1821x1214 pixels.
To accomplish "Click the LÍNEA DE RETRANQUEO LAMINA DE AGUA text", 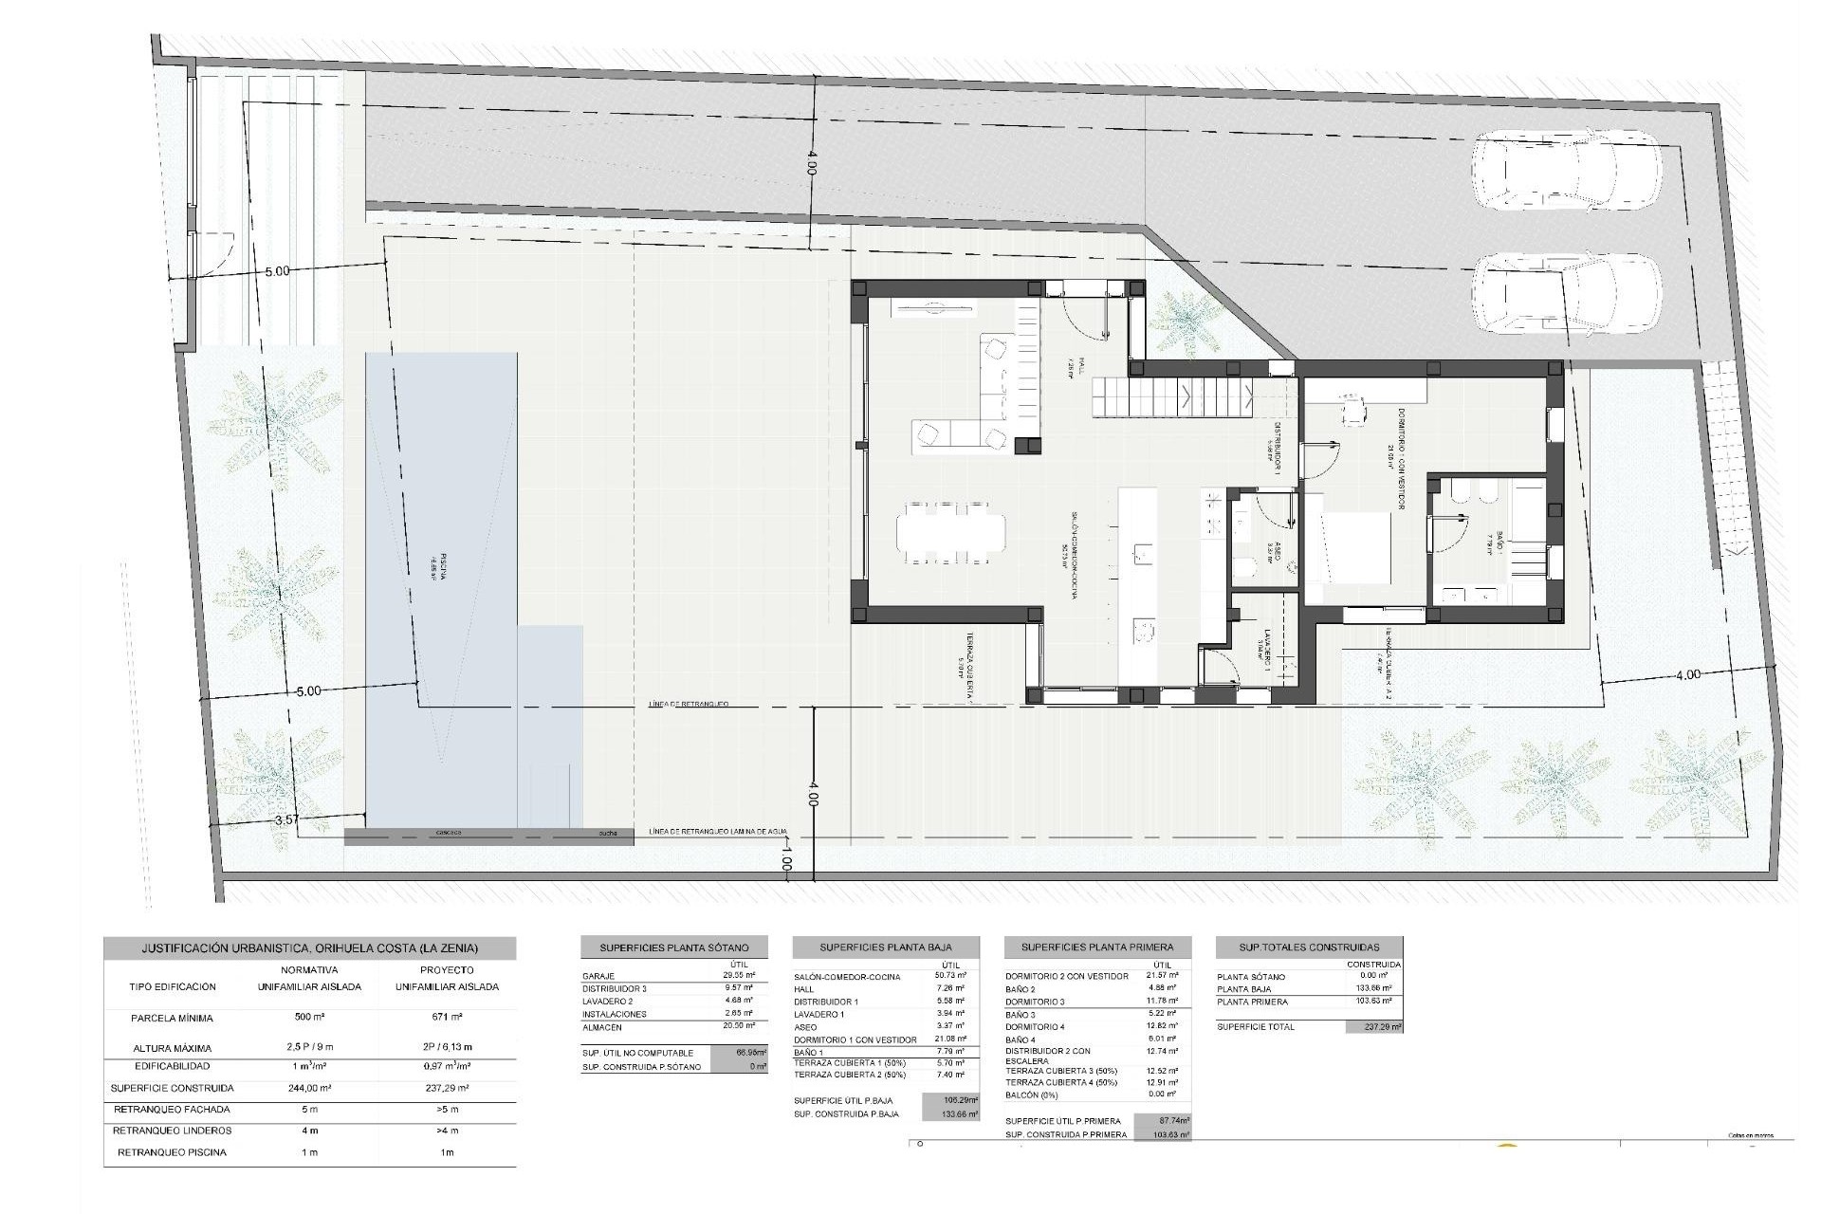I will pos(718,832).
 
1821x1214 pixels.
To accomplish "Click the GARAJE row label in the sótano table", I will pos(598,976).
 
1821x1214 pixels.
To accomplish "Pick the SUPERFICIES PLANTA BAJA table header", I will pos(885,947).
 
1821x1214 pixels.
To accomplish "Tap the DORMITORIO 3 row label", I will pos(1035,1002).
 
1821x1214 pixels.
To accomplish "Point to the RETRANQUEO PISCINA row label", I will pos(172,1152).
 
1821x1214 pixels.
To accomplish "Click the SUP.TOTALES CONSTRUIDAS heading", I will pos(1309,947).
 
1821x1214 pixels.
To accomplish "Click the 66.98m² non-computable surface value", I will pos(750,1053).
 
